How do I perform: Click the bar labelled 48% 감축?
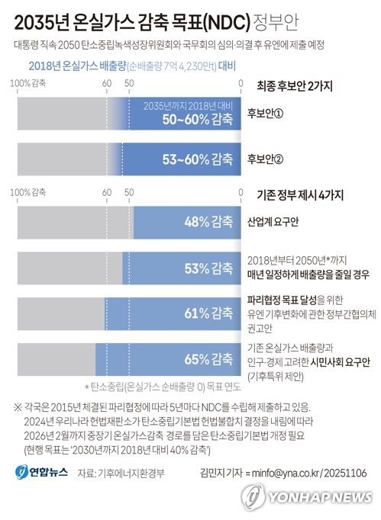[x=187, y=223]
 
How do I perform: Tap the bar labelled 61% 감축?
[x=175, y=313]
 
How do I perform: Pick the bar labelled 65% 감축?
[x=169, y=358]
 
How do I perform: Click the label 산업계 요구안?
[x=273, y=223]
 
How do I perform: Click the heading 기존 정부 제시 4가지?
[x=301, y=194]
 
